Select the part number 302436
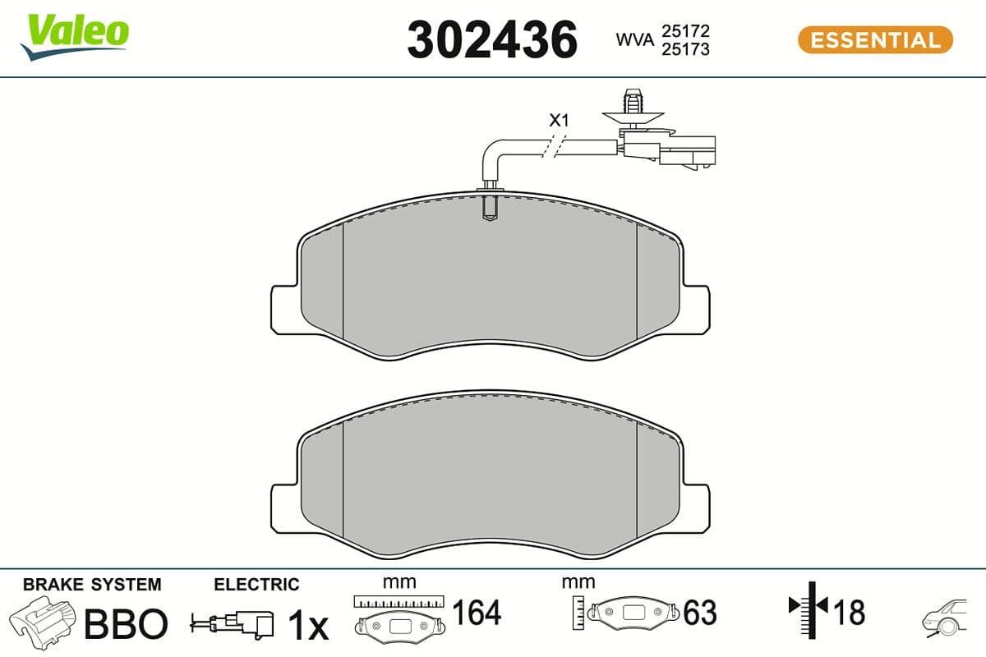click(x=492, y=39)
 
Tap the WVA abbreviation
click(x=635, y=39)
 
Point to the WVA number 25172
click(x=685, y=30)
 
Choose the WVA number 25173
click(x=685, y=49)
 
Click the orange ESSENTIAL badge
click(x=875, y=39)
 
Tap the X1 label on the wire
click(x=559, y=121)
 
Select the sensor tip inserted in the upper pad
click(x=489, y=205)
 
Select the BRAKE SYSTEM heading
click(x=92, y=585)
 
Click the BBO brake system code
click(x=127, y=624)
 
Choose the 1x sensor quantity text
click(x=308, y=626)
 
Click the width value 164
click(x=477, y=613)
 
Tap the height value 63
click(x=699, y=613)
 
